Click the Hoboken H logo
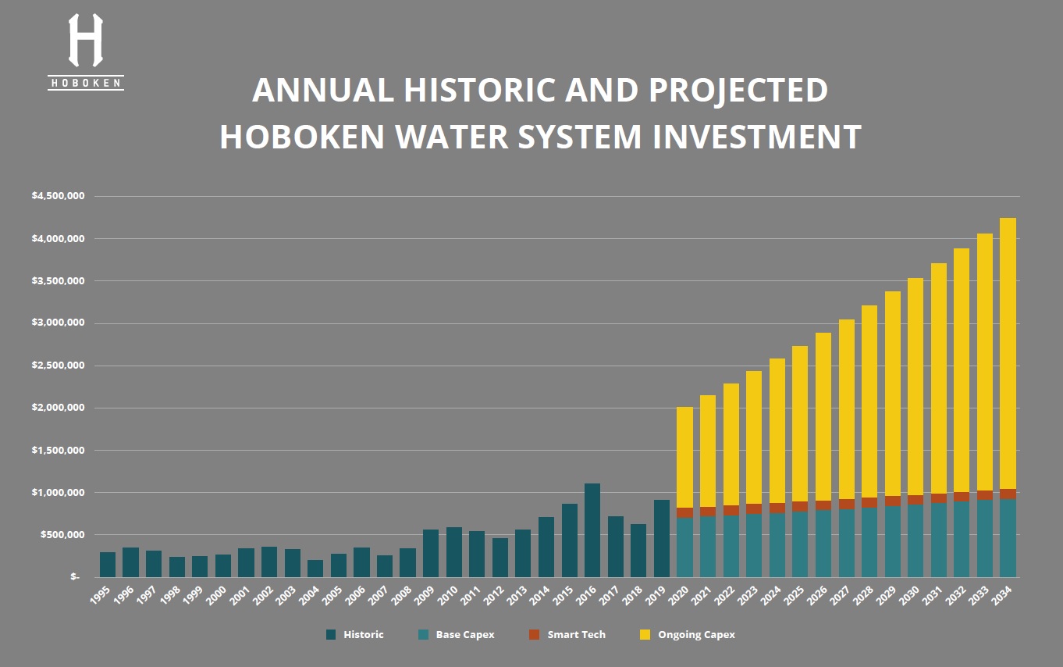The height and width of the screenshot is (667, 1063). tap(85, 41)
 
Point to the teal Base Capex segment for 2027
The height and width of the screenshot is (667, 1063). tap(846, 543)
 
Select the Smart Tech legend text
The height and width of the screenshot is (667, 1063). tap(576, 635)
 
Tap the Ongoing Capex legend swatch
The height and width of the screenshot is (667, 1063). tap(645, 635)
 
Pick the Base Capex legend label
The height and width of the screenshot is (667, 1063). tap(465, 635)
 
